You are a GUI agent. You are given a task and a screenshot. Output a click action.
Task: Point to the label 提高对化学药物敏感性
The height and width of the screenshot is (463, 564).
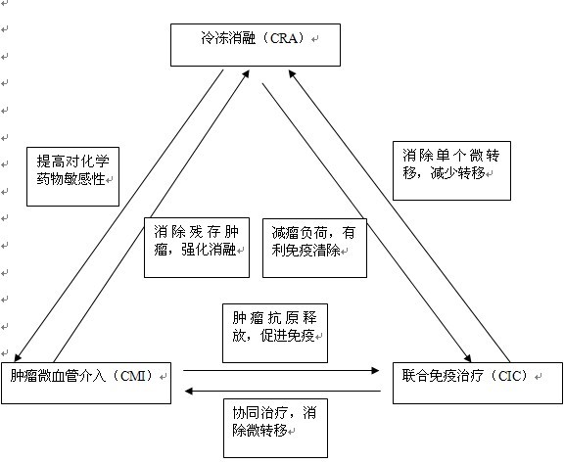[72, 170]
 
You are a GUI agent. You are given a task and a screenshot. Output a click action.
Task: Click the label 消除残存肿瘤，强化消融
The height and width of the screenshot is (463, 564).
[197, 240]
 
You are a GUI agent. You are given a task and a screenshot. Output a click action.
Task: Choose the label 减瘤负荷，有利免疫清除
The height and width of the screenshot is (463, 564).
[313, 242]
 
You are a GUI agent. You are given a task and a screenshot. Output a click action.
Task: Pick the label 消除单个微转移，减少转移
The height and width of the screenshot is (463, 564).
[451, 164]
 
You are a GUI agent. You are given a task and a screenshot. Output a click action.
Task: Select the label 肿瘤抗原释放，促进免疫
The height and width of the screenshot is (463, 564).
[275, 327]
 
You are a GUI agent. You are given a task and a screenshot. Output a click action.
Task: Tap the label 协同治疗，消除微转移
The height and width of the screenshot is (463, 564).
[274, 421]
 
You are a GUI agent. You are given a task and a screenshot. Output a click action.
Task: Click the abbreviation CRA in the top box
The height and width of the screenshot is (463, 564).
[283, 38]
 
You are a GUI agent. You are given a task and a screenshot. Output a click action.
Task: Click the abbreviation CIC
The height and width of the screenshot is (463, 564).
[510, 376]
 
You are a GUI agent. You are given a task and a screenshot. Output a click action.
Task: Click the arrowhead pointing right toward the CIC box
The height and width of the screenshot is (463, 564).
[375, 370]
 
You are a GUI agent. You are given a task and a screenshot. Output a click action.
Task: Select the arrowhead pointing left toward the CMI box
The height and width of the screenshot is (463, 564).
[188, 391]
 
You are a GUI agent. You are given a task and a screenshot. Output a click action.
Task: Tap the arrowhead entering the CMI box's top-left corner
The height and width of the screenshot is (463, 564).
[18, 357]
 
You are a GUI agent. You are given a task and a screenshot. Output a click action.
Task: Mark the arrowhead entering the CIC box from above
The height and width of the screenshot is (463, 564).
[467, 357]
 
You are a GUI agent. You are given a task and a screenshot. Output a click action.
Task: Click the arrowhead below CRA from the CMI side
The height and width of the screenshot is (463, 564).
[246, 74]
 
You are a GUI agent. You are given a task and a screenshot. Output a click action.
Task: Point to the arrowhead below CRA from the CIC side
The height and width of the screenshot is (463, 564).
[292, 74]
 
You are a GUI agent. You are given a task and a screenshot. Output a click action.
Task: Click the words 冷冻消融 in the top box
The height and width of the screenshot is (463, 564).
[228, 38]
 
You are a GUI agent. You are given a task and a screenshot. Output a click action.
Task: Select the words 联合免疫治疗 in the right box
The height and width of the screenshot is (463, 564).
[443, 376]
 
